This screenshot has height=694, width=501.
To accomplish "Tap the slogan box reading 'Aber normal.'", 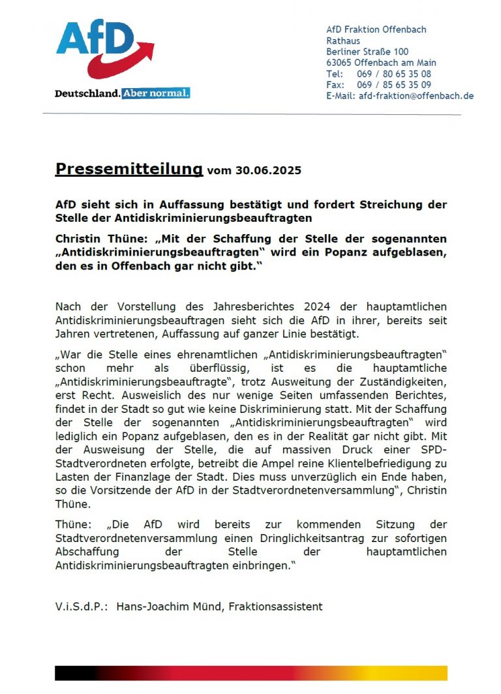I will tap(155, 93).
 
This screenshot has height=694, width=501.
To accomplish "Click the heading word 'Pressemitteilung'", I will tap(129, 170).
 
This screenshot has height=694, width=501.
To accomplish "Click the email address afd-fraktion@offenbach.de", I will tap(416, 96).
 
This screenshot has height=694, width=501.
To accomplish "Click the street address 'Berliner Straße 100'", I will tap(367, 52).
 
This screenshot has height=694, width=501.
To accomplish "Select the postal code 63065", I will tap(339, 63).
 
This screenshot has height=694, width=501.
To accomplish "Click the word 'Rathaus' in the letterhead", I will tap(343, 41).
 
